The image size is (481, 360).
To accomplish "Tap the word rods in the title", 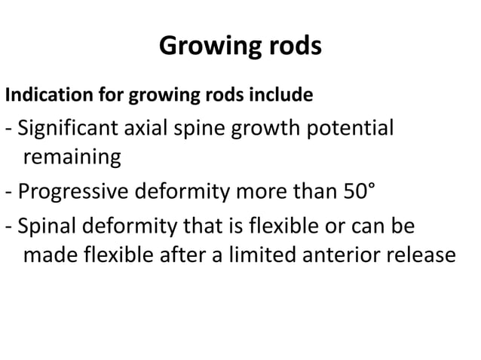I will click(x=293, y=46).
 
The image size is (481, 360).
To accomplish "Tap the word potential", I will click(x=351, y=130).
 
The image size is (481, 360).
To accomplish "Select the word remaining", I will click(x=72, y=158).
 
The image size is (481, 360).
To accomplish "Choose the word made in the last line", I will click(x=47, y=255).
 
